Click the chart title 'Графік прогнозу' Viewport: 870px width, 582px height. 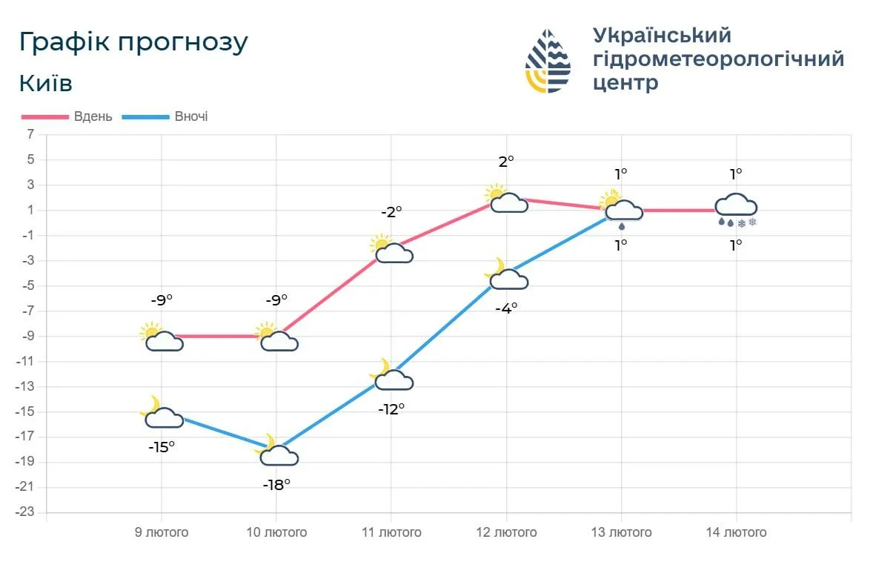[x=133, y=43]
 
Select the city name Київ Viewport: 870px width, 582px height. [x=46, y=84]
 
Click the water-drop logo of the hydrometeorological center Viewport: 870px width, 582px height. [x=548, y=61]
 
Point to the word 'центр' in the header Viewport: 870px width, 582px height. [x=625, y=82]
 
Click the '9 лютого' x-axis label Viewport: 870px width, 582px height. [x=162, y=532]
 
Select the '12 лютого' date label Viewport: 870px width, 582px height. [x=506, y=532]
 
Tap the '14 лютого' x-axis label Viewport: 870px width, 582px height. [x=736, y=532]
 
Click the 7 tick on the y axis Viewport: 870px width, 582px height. [x=30, y=134]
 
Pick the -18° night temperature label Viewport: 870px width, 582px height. [x=276, y=485]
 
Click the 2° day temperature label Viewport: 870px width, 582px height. [x=506, y=161]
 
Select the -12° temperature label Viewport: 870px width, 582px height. [x=391, y=409]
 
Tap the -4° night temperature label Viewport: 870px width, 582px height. [x=506, y=308]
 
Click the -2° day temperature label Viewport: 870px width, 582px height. [x=391, y=211]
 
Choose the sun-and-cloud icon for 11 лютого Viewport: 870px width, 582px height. [x=391, y=250]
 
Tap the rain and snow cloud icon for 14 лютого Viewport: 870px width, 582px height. [x=736, y=209]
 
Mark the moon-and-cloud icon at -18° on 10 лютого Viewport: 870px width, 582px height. [x=277, y=452]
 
